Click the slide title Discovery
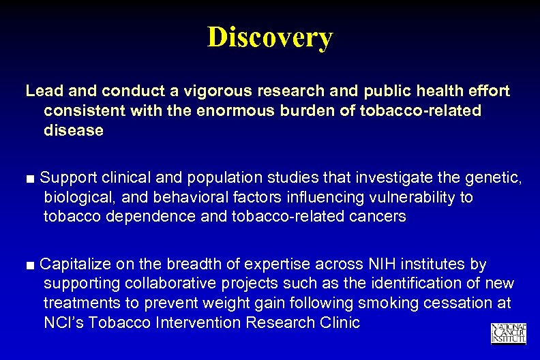point(270,37)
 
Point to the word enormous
point(242,110)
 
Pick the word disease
point(74,130)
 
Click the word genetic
point(497,179)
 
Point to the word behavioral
point(187,198)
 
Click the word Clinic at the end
point(337,322)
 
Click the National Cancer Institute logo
point(509,333)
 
